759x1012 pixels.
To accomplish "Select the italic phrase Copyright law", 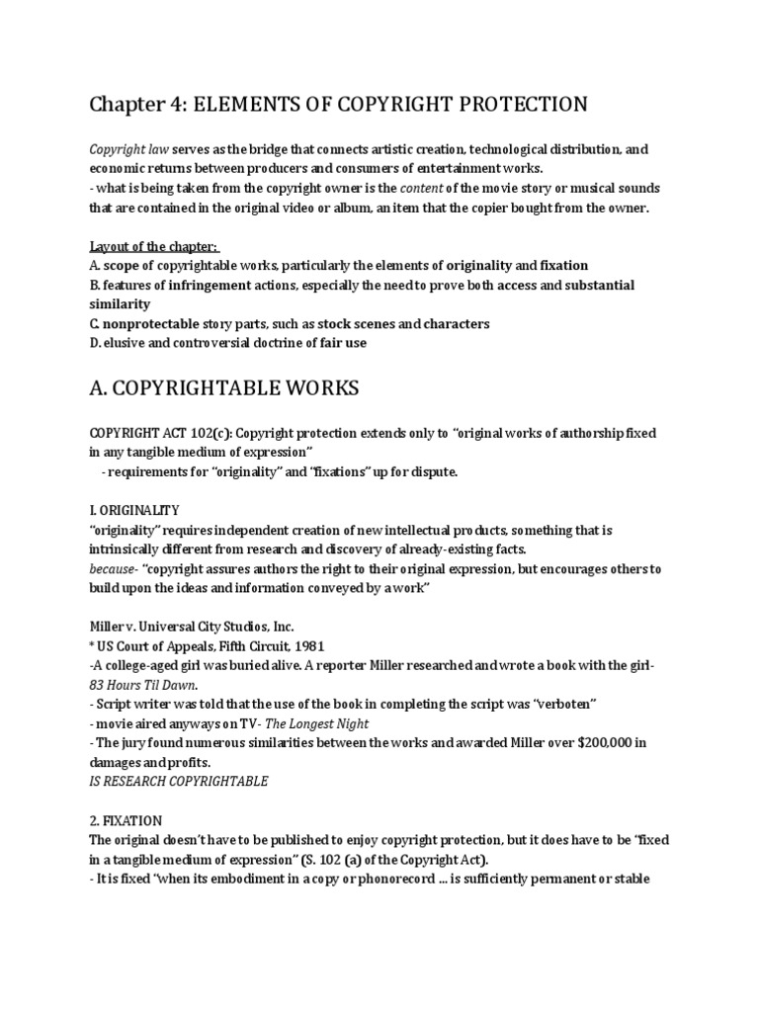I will click(128, 150).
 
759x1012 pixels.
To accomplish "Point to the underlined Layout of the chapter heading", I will click(155, 246).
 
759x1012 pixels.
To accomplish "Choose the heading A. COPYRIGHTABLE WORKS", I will click(224, 389).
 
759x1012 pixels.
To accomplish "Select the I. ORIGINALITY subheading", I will click(134, 510).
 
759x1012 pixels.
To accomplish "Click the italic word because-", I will click(115, 568).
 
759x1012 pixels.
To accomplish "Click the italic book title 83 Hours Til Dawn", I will click(141, 685).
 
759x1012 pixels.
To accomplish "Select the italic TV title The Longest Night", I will click(314, 722).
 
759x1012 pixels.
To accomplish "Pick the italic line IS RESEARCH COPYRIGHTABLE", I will click(178, 781).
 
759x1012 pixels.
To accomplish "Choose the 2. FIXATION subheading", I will click(126, 820).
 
